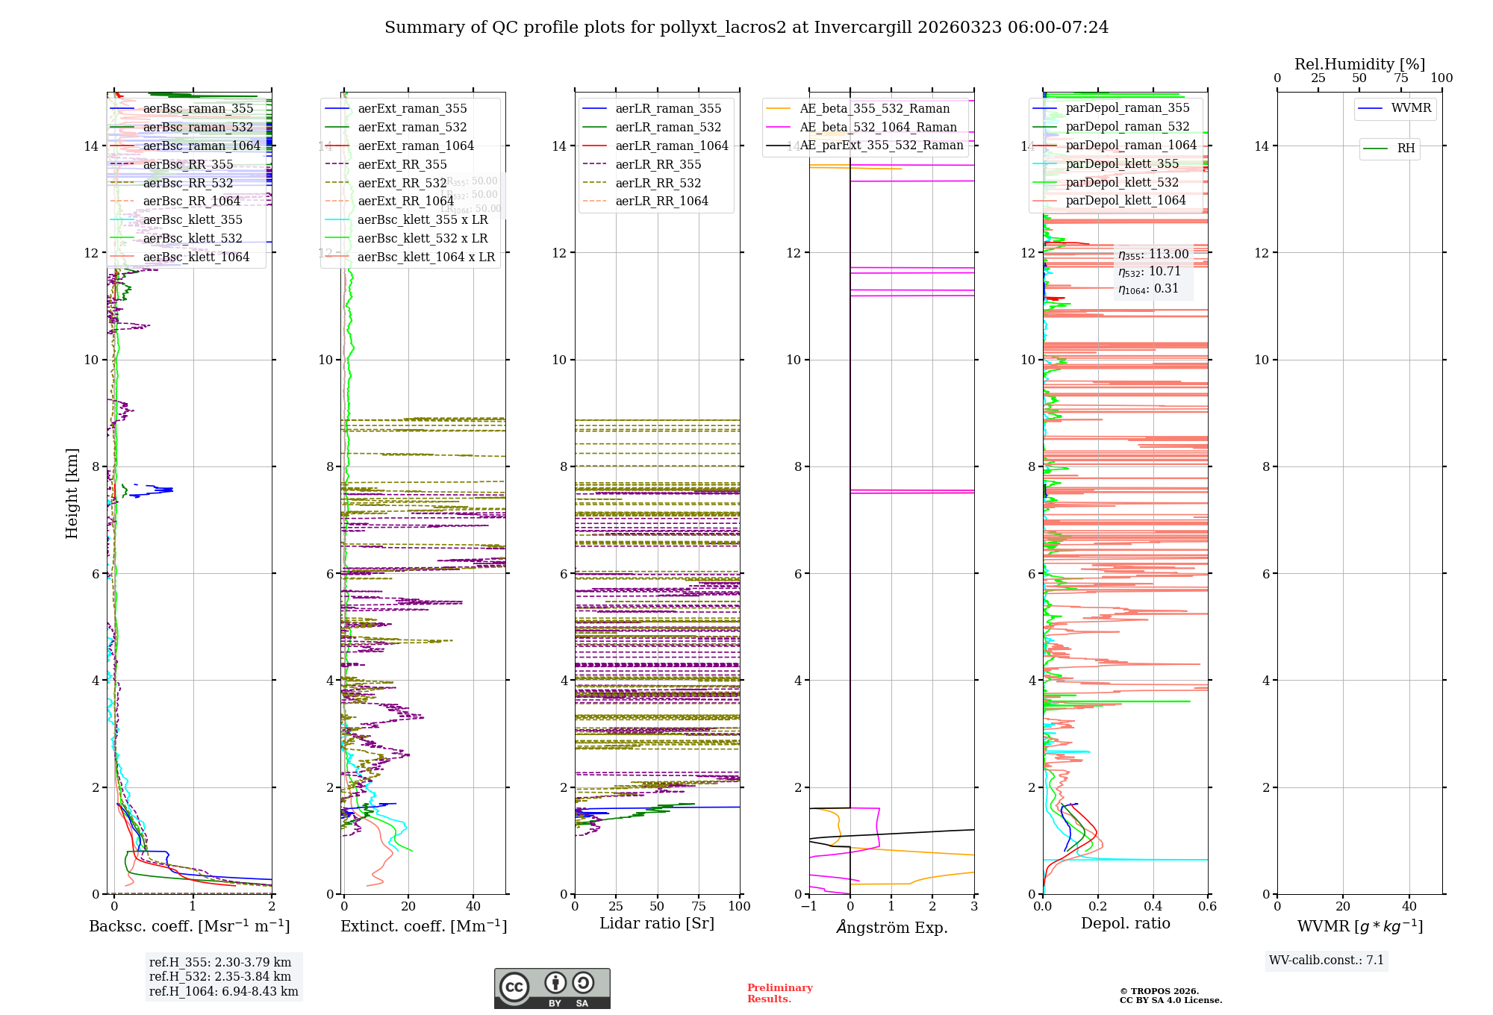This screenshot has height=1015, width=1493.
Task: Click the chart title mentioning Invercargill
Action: point(746,28)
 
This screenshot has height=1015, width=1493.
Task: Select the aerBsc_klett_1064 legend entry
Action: point(196,257)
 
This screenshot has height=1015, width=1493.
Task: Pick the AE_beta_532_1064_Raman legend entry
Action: point(878,127)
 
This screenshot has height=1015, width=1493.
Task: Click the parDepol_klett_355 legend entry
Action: point(1122,163)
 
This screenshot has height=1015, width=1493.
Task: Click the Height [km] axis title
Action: point(72,493)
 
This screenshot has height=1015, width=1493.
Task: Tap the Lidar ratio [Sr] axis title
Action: point(657,923)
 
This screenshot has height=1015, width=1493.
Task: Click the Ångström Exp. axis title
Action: point(891,927)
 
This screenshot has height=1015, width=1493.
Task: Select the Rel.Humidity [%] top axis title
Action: point(1359,64)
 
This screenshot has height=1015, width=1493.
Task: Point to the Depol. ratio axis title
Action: point(1125,923)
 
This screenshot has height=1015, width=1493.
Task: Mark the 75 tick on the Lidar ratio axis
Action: point(699,906)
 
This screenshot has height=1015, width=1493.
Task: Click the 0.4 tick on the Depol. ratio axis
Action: point(1153,906)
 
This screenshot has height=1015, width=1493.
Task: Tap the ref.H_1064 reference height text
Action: point(223,991)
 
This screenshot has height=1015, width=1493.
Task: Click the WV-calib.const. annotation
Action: point(1327,960)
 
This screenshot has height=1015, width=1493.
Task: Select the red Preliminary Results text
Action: point(779,993)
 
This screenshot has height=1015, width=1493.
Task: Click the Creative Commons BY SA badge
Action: point(552,988)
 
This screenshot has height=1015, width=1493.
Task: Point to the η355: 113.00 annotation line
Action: point(1153,254)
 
